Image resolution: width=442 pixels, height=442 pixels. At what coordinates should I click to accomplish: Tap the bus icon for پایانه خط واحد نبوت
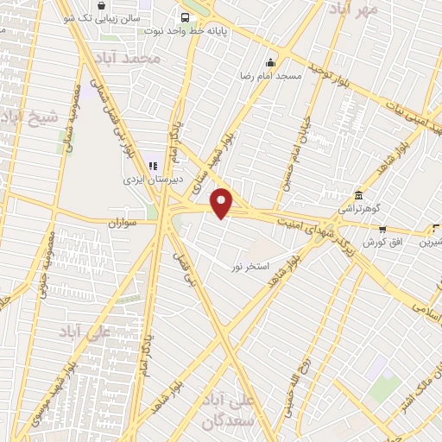point(185,17)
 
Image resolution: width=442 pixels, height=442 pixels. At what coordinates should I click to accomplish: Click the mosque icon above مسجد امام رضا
point(271,62)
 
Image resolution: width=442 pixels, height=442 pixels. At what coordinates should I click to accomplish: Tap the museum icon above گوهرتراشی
point(359,196)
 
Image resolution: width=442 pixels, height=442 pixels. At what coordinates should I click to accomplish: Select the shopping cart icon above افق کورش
point(382,229)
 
